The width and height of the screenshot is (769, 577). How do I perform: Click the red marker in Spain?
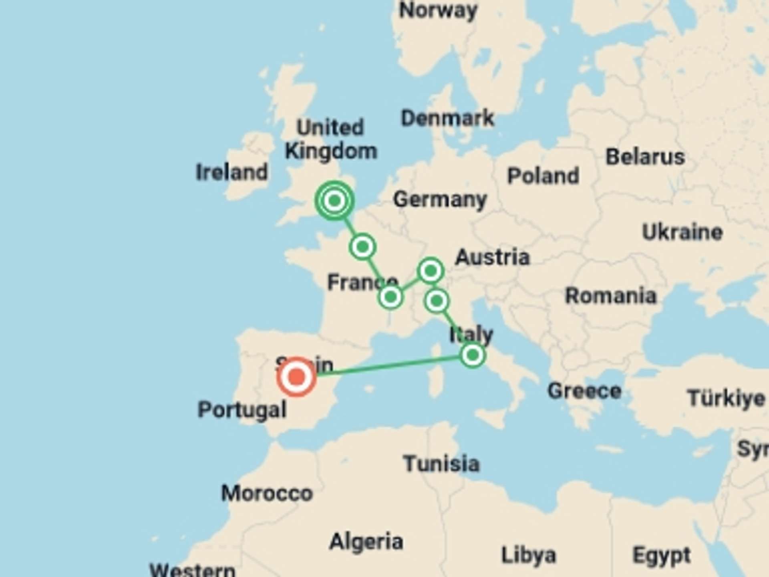(x=296, y=377)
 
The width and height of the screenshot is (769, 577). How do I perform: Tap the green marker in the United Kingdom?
(x=334, y=200)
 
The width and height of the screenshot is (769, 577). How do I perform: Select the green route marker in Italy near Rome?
(x=473, y=355)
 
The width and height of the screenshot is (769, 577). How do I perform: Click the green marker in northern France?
(x=362, y=247)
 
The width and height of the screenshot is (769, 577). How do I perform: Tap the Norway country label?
(x=438, y=10)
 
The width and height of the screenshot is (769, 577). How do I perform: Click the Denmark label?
(x=447, y=118)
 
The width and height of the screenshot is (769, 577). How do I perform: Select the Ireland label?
(x=232, y=172)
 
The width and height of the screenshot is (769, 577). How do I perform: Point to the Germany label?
(x=440, y=199)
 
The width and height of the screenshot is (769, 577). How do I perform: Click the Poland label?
(x=543, y=176)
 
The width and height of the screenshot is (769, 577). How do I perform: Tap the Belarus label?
(x=645, y=157)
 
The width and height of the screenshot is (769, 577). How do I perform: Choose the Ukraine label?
(x=682, y=232)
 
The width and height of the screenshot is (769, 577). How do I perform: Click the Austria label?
(x=493, y=257)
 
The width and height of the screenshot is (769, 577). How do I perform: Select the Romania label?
(x=610, y=296)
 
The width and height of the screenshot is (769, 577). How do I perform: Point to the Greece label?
(x=584, y=391)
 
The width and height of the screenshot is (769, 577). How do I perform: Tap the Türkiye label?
(x=726, y=398)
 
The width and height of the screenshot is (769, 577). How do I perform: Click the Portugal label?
(x=242, y=410)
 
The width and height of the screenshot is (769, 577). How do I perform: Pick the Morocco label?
(x=267, y=493)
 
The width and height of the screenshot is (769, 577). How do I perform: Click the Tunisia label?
(x=441, y=464)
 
